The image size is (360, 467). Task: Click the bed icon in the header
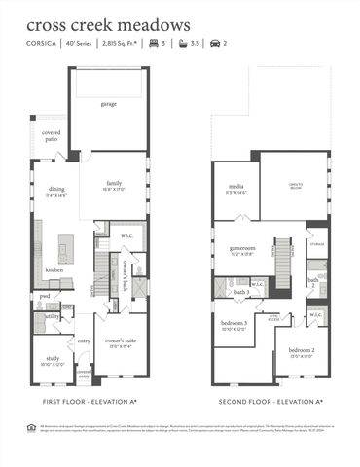154,44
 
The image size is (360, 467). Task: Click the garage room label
108,103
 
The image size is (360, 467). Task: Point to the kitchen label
54,269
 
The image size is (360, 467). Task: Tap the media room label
235,187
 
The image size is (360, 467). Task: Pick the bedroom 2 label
301,351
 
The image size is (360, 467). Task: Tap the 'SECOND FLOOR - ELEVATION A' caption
270,401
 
